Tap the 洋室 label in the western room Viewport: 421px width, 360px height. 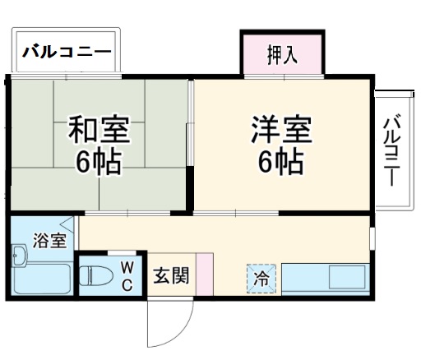tap(281, 131)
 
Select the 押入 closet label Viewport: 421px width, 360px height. tap(282, 57)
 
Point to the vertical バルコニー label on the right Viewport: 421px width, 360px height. tap(392, 149)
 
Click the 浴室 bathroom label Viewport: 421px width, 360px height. tap(49, 241)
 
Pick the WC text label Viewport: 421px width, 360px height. tap(127, 275)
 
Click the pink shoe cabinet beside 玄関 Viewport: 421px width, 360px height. tap(205, 274)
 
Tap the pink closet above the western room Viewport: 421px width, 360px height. tap(282, 53)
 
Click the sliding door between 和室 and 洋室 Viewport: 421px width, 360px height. tap(192, 148)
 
